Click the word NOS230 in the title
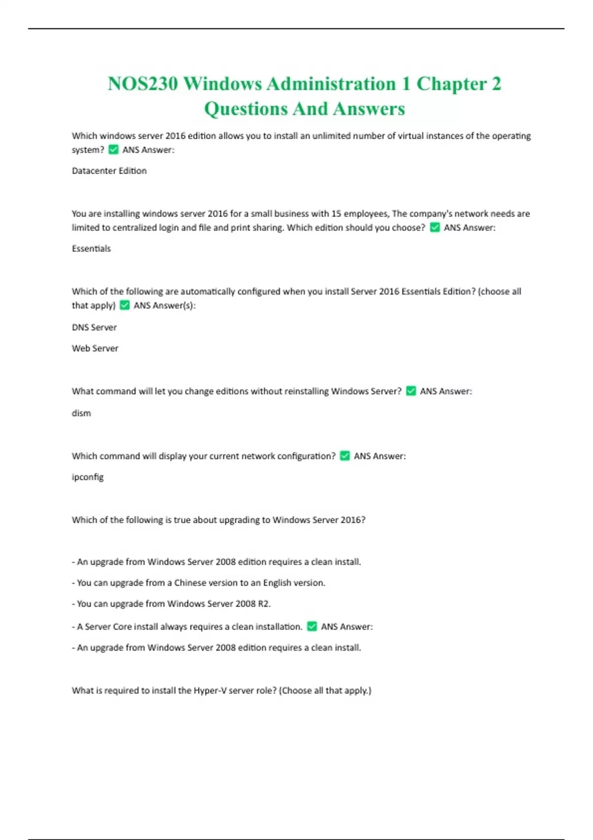click(142, 84)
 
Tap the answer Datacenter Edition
click(109, 171)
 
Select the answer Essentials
click(91, 249)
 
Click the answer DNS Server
click(94, 327)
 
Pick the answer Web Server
click(95, 348)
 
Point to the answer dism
click(82, 413)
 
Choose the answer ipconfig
click(88, 477)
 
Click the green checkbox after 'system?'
click(114, 150)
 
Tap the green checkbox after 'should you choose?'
click(435, 228)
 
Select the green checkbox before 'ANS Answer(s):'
click(125, 305)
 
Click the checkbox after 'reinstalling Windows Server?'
click(411, 391)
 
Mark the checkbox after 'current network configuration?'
click(345, 456)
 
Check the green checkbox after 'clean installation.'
click(312, 627)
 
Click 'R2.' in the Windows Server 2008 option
click(264, 604)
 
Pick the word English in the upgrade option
click(277, 583)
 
